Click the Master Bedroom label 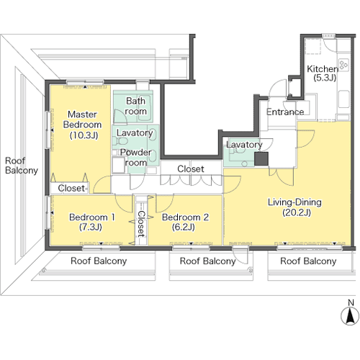point(82,125)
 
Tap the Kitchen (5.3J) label point(323,73)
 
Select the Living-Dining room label point(294,207)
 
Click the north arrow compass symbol point(351,315)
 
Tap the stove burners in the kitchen point(343,65)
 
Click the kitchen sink point(343,99)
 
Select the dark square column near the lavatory point(261,158)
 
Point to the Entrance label point(285,112)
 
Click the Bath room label point(135,106)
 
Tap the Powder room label point(135,158)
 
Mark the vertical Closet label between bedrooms point(141,224)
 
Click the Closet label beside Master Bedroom point(71,188)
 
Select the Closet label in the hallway point(191,169)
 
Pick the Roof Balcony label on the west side point(22,166)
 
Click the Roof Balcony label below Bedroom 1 point(99,261)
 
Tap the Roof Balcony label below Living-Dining point(308,261)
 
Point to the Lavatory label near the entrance point(244,145)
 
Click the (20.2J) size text point(297,212)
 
